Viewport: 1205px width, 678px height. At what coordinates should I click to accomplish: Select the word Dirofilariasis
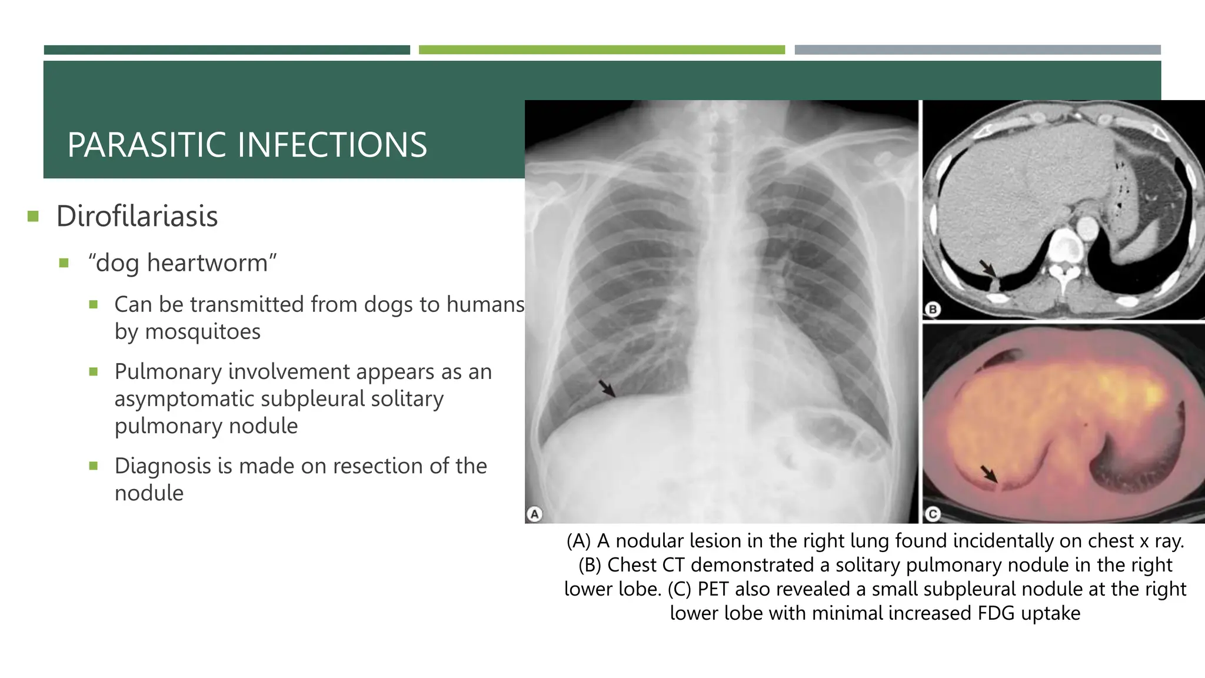(x=137, y=216)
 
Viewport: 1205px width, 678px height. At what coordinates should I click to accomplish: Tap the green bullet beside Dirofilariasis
(x=33, y=216)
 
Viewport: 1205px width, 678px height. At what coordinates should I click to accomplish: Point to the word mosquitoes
(x=202, y=331)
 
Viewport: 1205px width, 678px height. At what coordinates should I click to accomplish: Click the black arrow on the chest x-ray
(x=607, y=388)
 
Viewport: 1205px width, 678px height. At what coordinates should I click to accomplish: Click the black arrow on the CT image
(x=987, y=268)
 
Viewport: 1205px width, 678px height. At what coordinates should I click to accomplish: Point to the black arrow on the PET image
(x=989, y=473)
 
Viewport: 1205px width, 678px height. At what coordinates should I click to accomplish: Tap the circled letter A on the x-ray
(x=534, y=514)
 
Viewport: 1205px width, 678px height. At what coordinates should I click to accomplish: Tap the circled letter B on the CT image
(x=933, y=309)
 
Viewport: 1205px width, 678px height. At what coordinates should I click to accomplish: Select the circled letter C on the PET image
(x=933, y=514)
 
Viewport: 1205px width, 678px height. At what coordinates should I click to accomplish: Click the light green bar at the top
(x=601, y=50)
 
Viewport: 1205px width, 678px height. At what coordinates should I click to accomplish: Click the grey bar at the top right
(x=977, y=50)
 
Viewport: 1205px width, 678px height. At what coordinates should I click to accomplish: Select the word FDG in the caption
(x=996, y=613)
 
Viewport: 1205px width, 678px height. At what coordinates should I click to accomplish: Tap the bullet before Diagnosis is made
(x=93, y=466)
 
